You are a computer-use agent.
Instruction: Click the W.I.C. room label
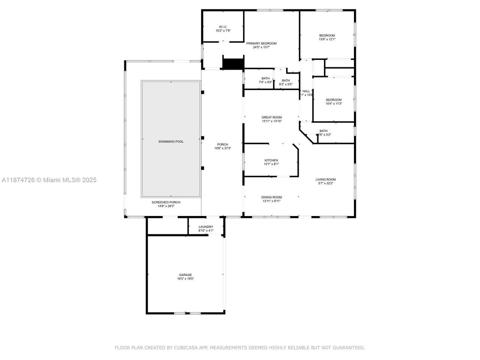point(223,27)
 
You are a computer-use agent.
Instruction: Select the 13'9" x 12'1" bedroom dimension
point(327,39)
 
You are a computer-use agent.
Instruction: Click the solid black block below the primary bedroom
point(233,63)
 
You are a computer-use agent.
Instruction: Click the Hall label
point(306,91)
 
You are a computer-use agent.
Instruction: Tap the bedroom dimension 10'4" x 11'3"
point(334,104)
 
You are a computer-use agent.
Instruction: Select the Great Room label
point(272,117)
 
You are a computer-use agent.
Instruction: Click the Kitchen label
point(271,160)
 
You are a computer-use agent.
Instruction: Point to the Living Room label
point(325,180)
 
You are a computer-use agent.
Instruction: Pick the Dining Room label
point(271,197)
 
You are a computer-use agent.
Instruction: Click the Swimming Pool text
point(171,141)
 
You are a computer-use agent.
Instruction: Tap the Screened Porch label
point(166,202)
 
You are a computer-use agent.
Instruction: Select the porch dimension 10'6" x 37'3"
point(223,148)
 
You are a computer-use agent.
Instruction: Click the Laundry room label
point(206,226)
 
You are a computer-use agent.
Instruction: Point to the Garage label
point(185,275)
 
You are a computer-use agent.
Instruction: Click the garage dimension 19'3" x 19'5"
point(185,279)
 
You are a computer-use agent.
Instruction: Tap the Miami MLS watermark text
point(49,180)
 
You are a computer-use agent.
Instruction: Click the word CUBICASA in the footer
point(186,348)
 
